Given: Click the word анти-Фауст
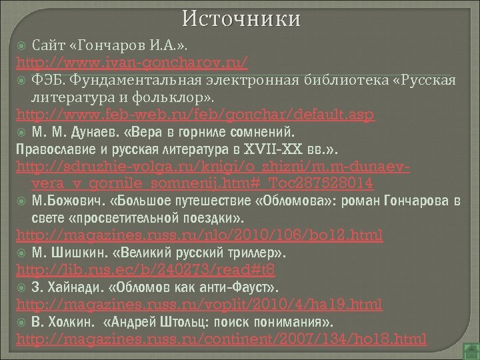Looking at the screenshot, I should point(231,288).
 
